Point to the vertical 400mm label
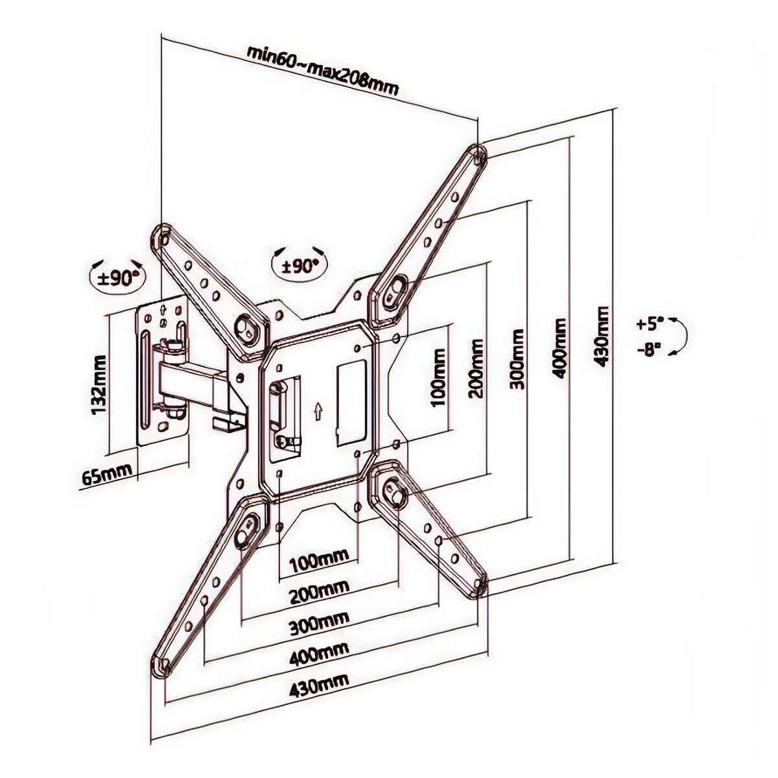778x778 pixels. [x=560, y=348]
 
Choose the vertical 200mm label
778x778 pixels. [x=477, y=368]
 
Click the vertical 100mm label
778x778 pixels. [x=438, y=377]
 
